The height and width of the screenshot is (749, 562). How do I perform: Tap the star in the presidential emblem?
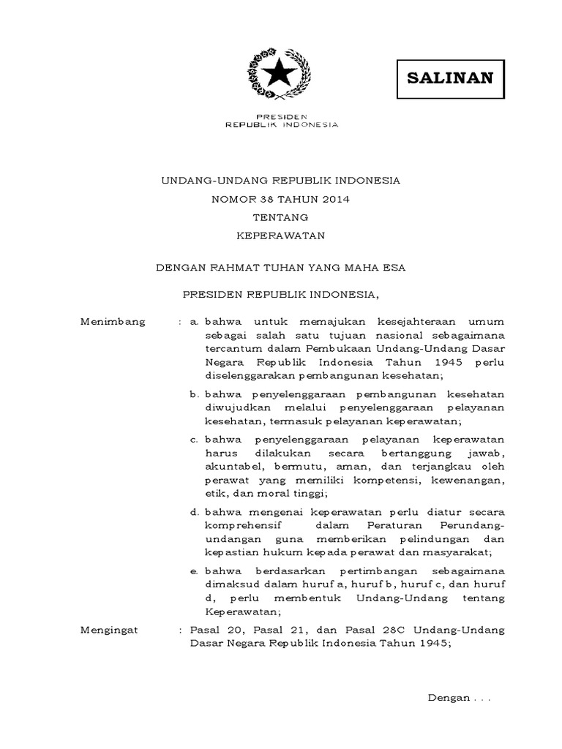point(280,72)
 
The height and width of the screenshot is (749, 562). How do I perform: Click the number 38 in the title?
point(266,198)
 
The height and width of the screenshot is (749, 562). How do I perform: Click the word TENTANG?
point(280,217)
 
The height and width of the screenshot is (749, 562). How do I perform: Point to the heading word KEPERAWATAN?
point(280,236)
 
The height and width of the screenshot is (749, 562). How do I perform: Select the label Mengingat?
point(112,628)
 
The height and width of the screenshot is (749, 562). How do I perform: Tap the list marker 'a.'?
point(194,322)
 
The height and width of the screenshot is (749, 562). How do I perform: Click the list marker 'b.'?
point(194,394)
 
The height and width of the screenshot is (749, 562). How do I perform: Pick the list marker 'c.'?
point(194,440)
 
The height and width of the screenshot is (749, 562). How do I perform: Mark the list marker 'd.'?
point(194,511)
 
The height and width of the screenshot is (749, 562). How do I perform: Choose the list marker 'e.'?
point(194,570)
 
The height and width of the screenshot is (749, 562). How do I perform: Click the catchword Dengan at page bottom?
point(448,698)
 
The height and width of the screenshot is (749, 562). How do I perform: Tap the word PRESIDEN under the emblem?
point(280,116)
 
